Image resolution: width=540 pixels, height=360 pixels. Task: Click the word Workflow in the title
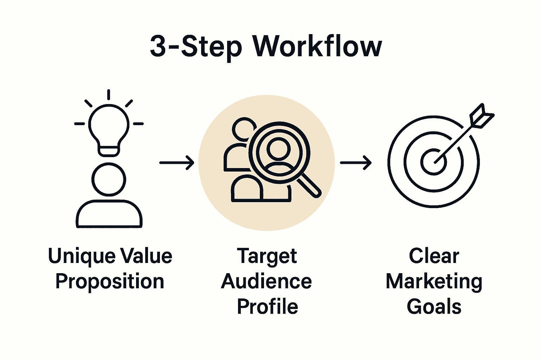pos(317,46)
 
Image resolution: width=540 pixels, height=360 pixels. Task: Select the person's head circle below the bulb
pos(109,179)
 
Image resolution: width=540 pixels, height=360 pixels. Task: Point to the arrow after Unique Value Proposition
pos(177,163)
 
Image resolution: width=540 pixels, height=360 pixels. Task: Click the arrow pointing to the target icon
pos(356,163)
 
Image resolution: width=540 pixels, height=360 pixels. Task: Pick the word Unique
pos(82,257)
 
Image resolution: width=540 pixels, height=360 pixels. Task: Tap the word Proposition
pos(110,282)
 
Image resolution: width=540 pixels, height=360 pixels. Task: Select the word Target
pos(267,257)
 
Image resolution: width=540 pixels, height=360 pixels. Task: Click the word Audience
pos(266,282)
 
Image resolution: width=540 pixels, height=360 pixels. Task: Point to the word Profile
pos(268,307)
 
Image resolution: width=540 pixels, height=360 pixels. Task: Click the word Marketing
pos(434,282)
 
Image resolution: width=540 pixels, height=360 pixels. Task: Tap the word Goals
pos(434,307)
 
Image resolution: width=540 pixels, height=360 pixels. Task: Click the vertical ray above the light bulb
pos(109,95)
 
